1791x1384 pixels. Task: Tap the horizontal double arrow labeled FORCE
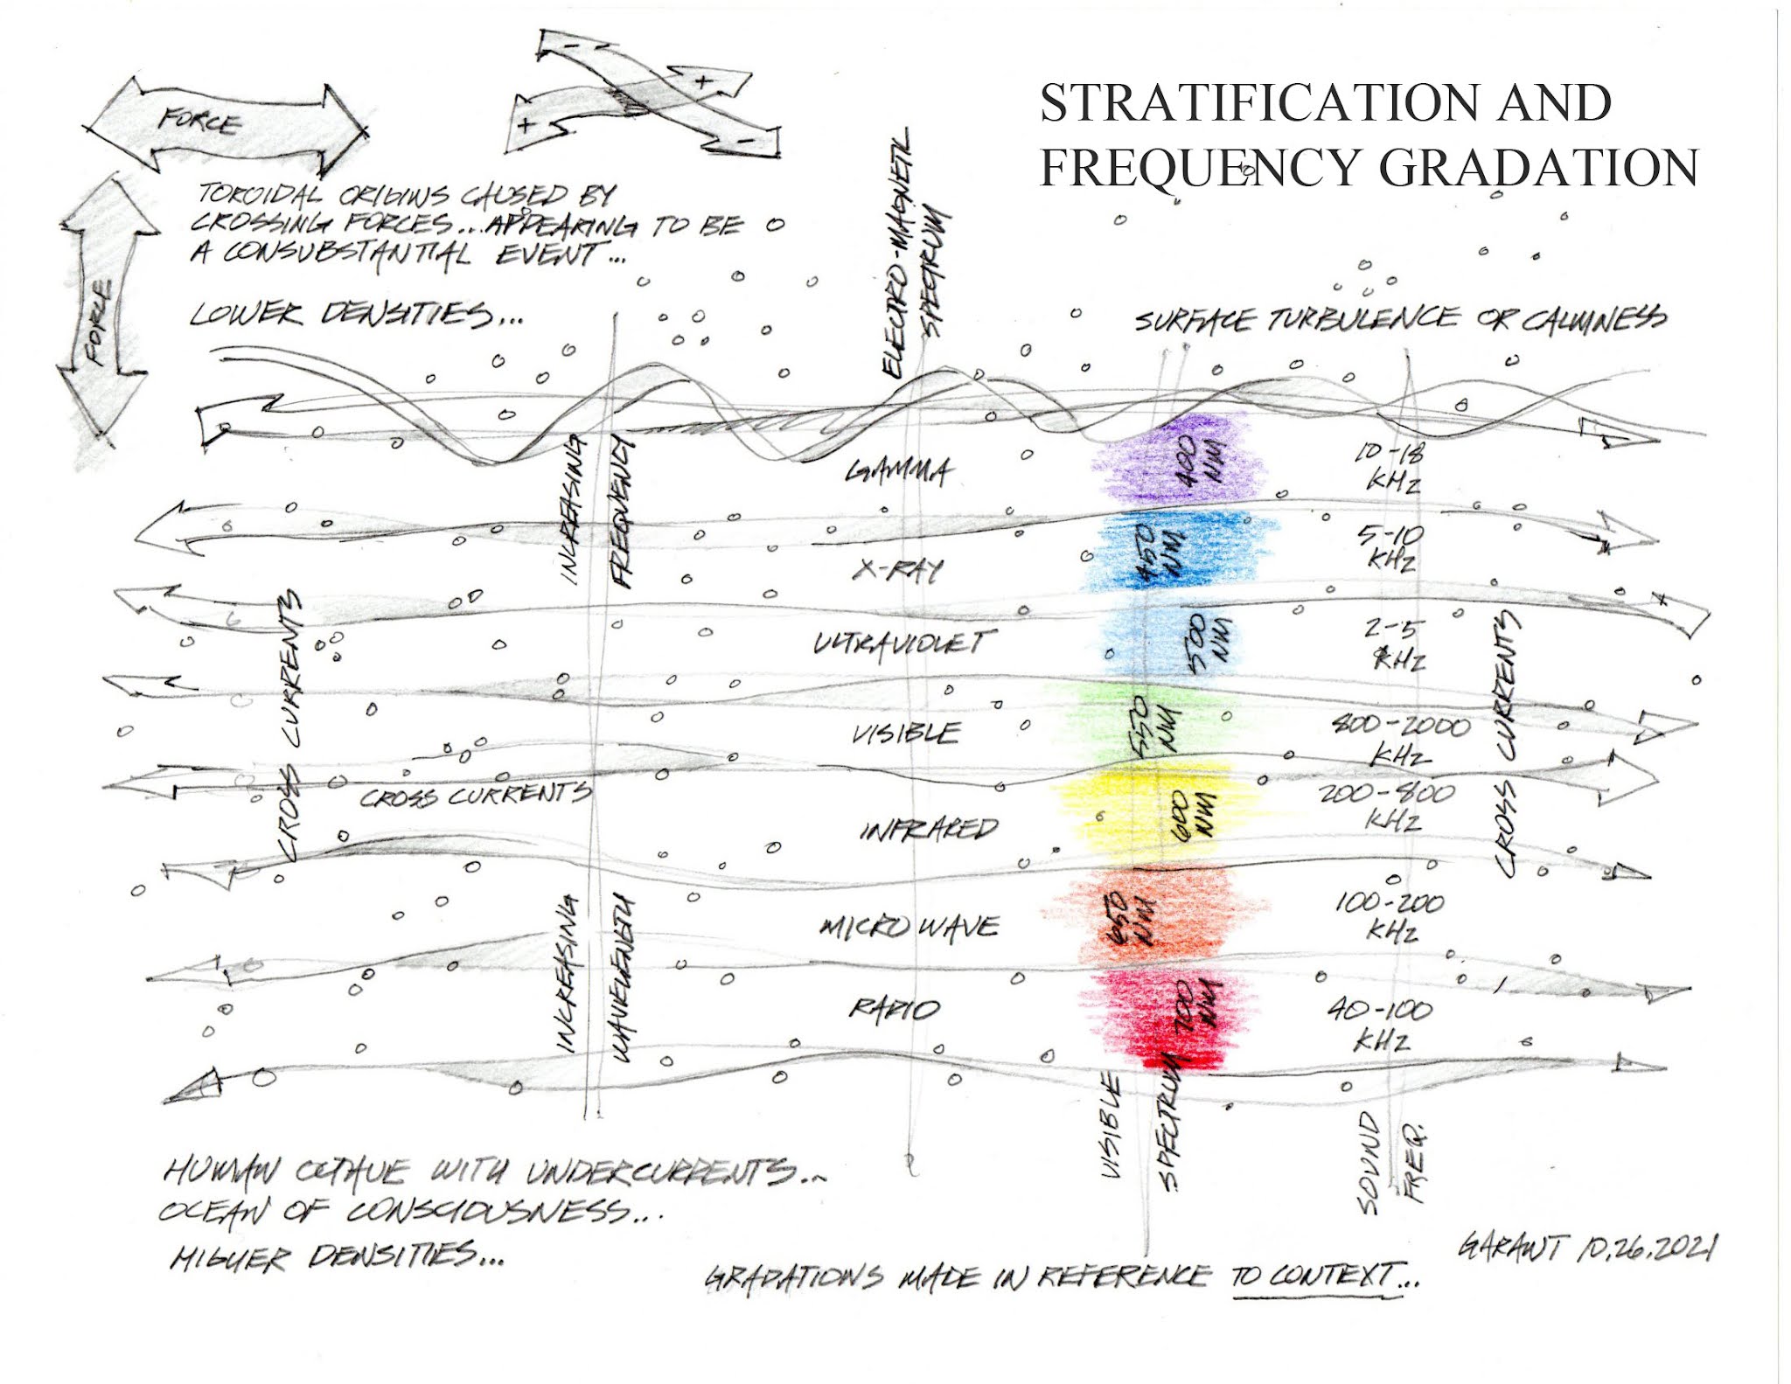223,123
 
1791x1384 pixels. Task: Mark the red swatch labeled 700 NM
1163,1019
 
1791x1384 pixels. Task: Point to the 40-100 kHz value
1382,1023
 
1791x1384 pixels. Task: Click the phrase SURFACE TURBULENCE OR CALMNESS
1399,320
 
